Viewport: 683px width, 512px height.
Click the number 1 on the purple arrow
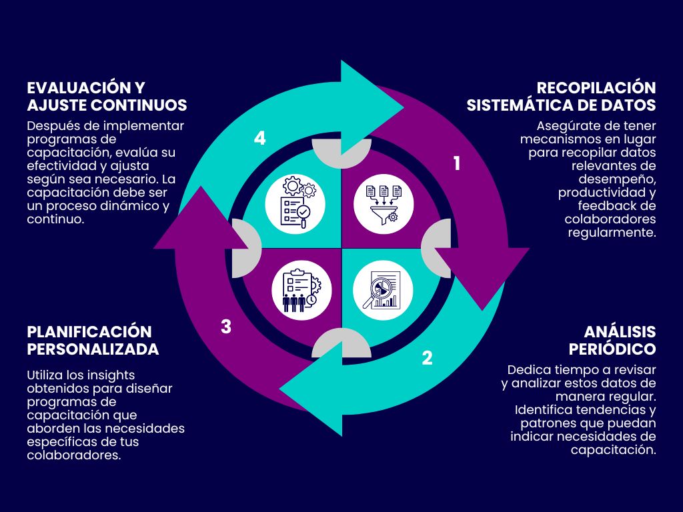(457, 163)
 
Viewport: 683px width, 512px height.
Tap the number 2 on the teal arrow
(428, 358)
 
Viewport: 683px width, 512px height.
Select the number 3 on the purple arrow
(226, 327)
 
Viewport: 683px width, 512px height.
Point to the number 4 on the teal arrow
(260, 138)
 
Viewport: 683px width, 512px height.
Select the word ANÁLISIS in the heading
(620, 332)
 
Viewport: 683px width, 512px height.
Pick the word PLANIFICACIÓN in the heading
(89, 332)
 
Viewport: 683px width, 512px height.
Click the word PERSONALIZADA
(93, 349)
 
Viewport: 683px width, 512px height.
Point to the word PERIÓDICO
(612, 349)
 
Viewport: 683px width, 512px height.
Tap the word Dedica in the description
(528, 369)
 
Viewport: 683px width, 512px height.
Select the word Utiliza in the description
(47, 375)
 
